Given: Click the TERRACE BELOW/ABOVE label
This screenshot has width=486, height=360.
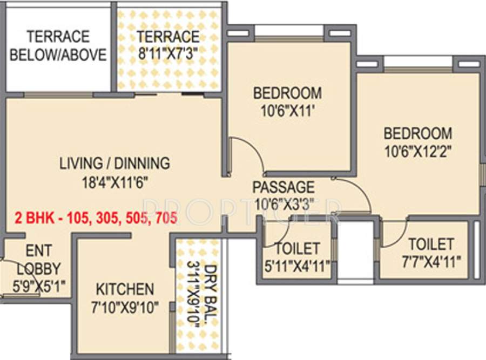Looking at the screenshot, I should point(58,46).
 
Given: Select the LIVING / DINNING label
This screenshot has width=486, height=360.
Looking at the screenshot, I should point(115,162).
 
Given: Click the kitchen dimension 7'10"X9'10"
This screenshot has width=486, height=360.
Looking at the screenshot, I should point(125,308).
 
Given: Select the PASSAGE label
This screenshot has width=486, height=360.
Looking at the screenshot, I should point(283,187).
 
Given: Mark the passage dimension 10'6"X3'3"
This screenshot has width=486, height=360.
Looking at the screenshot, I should point(283,205).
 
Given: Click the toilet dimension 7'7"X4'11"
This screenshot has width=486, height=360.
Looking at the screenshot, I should point(430,262).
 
